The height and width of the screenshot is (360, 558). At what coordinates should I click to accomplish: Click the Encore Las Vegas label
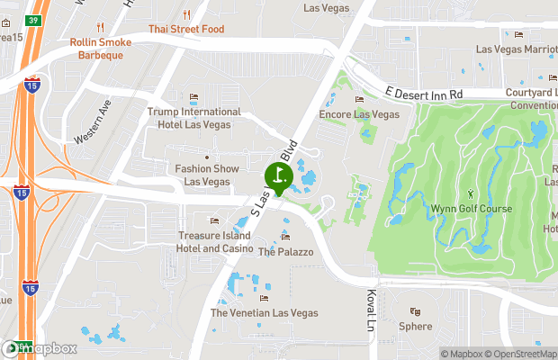tap(359, 114)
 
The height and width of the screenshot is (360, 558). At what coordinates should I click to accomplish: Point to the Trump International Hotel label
tap(193, 118)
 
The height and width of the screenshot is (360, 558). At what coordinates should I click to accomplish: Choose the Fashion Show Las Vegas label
tap(207, 175)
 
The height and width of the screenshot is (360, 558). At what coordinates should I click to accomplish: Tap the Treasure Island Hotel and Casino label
tap(213, 241)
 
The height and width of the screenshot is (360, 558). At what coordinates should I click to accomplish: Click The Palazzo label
tap(285, 252)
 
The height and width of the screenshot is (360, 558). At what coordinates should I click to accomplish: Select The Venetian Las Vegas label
tap(264, 312)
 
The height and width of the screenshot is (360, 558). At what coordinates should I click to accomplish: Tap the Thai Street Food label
tap(186, 28)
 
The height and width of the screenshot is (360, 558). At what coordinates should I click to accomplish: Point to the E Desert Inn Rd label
tap(423, 93)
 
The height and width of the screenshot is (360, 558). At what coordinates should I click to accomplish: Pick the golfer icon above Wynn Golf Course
tap(469, 193)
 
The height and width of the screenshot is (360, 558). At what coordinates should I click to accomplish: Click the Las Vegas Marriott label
tap(517, 49)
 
